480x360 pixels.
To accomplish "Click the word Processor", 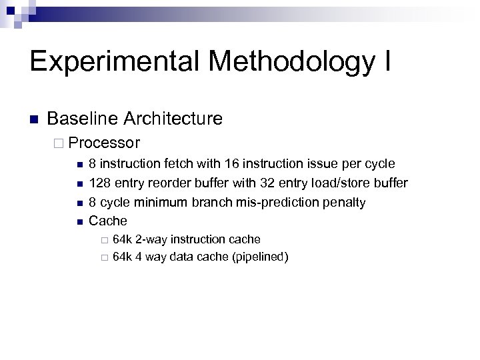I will [x=104, y=143].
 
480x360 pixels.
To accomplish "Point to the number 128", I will [x=99, y=183].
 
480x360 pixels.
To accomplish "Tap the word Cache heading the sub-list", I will [x=108, y=221].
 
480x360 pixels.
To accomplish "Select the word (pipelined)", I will [x=259, y=257].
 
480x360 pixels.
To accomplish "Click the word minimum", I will [x=157, y=202].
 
